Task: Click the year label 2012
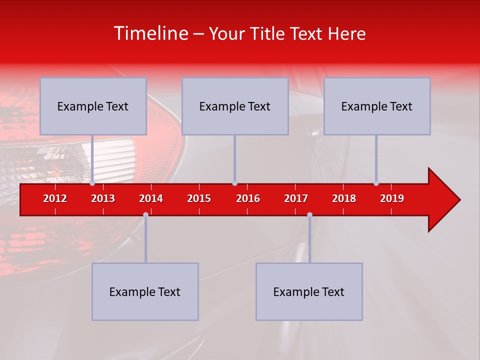point(55,198)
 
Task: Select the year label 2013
point(103,198)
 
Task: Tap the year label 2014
point(151,198)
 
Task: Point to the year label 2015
point(199,198)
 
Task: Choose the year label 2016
point(248,198)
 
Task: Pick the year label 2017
point(296,198)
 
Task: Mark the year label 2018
point(344,198)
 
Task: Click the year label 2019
point(392,198)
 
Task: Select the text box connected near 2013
point(93,106)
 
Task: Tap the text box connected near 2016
point(235,106)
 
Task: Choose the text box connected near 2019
point(377,106)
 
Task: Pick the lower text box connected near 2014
point(145,291)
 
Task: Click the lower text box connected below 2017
point(309,291)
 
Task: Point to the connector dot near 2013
point(92,183)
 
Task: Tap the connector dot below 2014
point(145,214)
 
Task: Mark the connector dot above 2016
point(234,183)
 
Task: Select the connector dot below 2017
point(309,214)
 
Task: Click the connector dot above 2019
point(376,183)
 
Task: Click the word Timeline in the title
point(150,33)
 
